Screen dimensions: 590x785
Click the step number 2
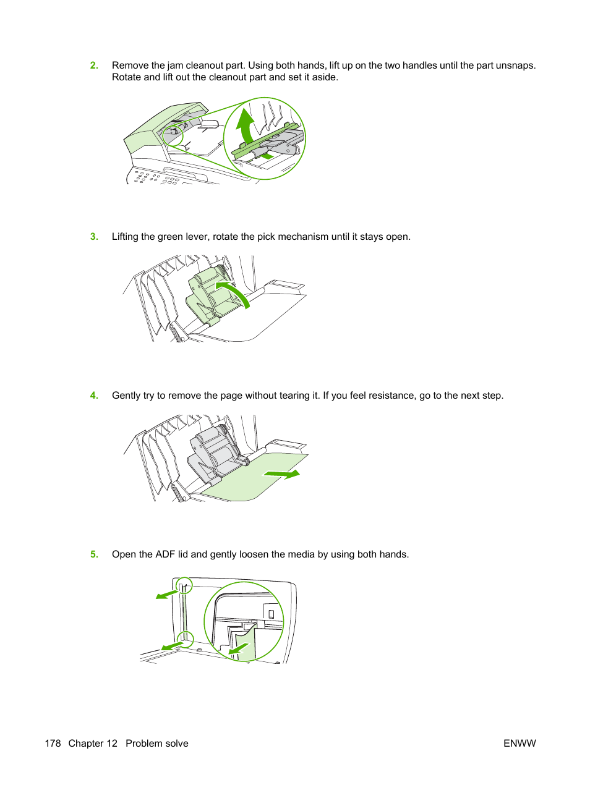pos(94,66)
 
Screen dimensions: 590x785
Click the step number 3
pos(94,237)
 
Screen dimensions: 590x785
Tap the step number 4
pos(94,396)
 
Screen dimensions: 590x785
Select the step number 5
pos(94,554)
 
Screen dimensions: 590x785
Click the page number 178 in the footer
pos(53,744)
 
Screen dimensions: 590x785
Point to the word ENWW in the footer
pos(519,744)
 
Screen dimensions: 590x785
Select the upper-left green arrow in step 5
pos(166,595)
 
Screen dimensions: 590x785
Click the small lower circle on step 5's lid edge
pos(186,639)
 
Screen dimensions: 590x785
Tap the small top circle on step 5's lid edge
pos(184,585)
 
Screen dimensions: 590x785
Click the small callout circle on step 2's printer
pos(173,135)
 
